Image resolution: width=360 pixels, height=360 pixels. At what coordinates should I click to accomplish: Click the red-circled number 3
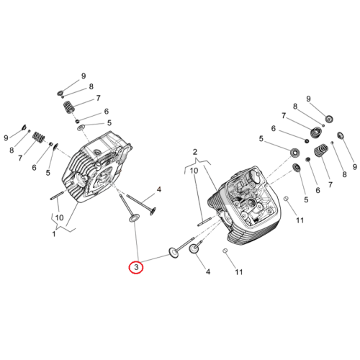point(136,267)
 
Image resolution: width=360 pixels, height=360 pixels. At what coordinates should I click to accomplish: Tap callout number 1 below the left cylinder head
point(54,233)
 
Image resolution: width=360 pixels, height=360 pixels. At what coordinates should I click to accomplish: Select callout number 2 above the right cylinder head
point(195,152)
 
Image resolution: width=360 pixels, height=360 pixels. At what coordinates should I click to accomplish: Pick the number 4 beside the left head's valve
point(159,189)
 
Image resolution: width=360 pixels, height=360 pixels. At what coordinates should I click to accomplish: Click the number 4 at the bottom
point(208,271)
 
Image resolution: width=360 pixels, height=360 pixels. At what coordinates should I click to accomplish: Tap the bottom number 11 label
point(238,272)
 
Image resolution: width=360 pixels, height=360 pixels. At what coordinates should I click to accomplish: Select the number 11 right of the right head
point(300,220)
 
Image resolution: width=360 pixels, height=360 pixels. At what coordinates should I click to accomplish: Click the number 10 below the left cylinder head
point(59,217)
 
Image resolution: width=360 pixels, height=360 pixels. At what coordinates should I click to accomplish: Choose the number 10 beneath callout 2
point(194,171)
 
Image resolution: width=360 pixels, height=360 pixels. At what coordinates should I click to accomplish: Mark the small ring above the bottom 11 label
point(225,251)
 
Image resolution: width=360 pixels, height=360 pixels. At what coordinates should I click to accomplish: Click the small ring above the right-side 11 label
point(286,199)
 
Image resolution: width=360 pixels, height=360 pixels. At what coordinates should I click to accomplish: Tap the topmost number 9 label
point(84,76)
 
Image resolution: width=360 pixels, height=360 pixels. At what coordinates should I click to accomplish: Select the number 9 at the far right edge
point(355,167)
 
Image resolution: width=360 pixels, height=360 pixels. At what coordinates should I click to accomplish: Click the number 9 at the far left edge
point(6,138)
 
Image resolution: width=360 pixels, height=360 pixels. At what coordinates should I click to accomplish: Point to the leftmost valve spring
point(38,138)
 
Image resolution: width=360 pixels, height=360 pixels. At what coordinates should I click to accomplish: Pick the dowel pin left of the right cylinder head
point(204,222)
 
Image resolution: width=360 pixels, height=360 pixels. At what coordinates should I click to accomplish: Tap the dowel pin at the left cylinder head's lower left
point(57,195)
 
